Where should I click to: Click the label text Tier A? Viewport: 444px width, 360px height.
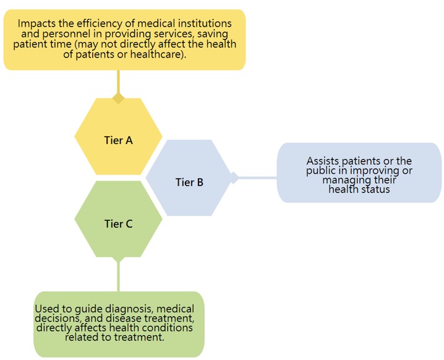click(118, 140)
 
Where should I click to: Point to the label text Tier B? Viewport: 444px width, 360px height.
click(189, 182)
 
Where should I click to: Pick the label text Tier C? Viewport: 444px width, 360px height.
click(118, 224)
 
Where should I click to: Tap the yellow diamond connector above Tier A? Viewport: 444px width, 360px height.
click(118, 98)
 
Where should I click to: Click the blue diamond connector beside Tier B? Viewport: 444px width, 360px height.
click(234, 178)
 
